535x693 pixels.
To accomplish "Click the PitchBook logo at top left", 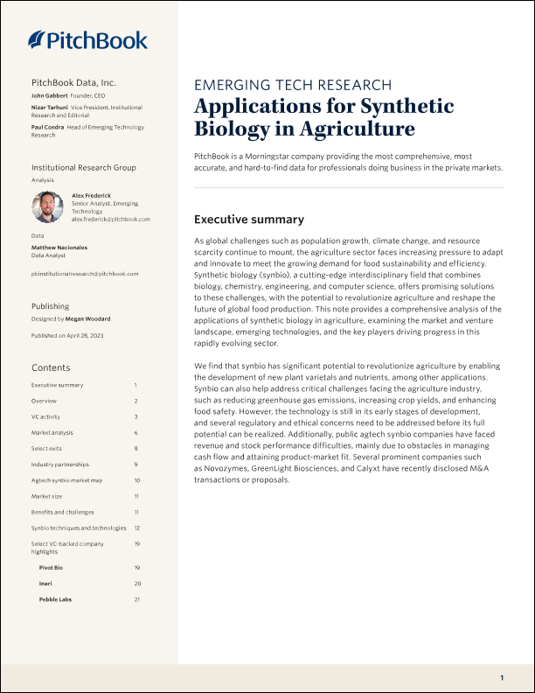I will (x=87, y=39).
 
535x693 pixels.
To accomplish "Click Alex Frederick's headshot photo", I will (x=48, y=207).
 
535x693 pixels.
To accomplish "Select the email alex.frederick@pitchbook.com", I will (x=111, y=219).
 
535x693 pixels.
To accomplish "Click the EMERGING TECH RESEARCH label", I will (x=292, y=85).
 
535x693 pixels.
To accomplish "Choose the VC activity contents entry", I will (x=45, y=416).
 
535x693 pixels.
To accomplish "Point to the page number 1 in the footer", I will (x=502, y=678).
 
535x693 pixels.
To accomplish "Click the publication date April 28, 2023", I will (x=87, y=336).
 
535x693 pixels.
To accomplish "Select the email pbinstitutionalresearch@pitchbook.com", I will (x=85, y=274).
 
